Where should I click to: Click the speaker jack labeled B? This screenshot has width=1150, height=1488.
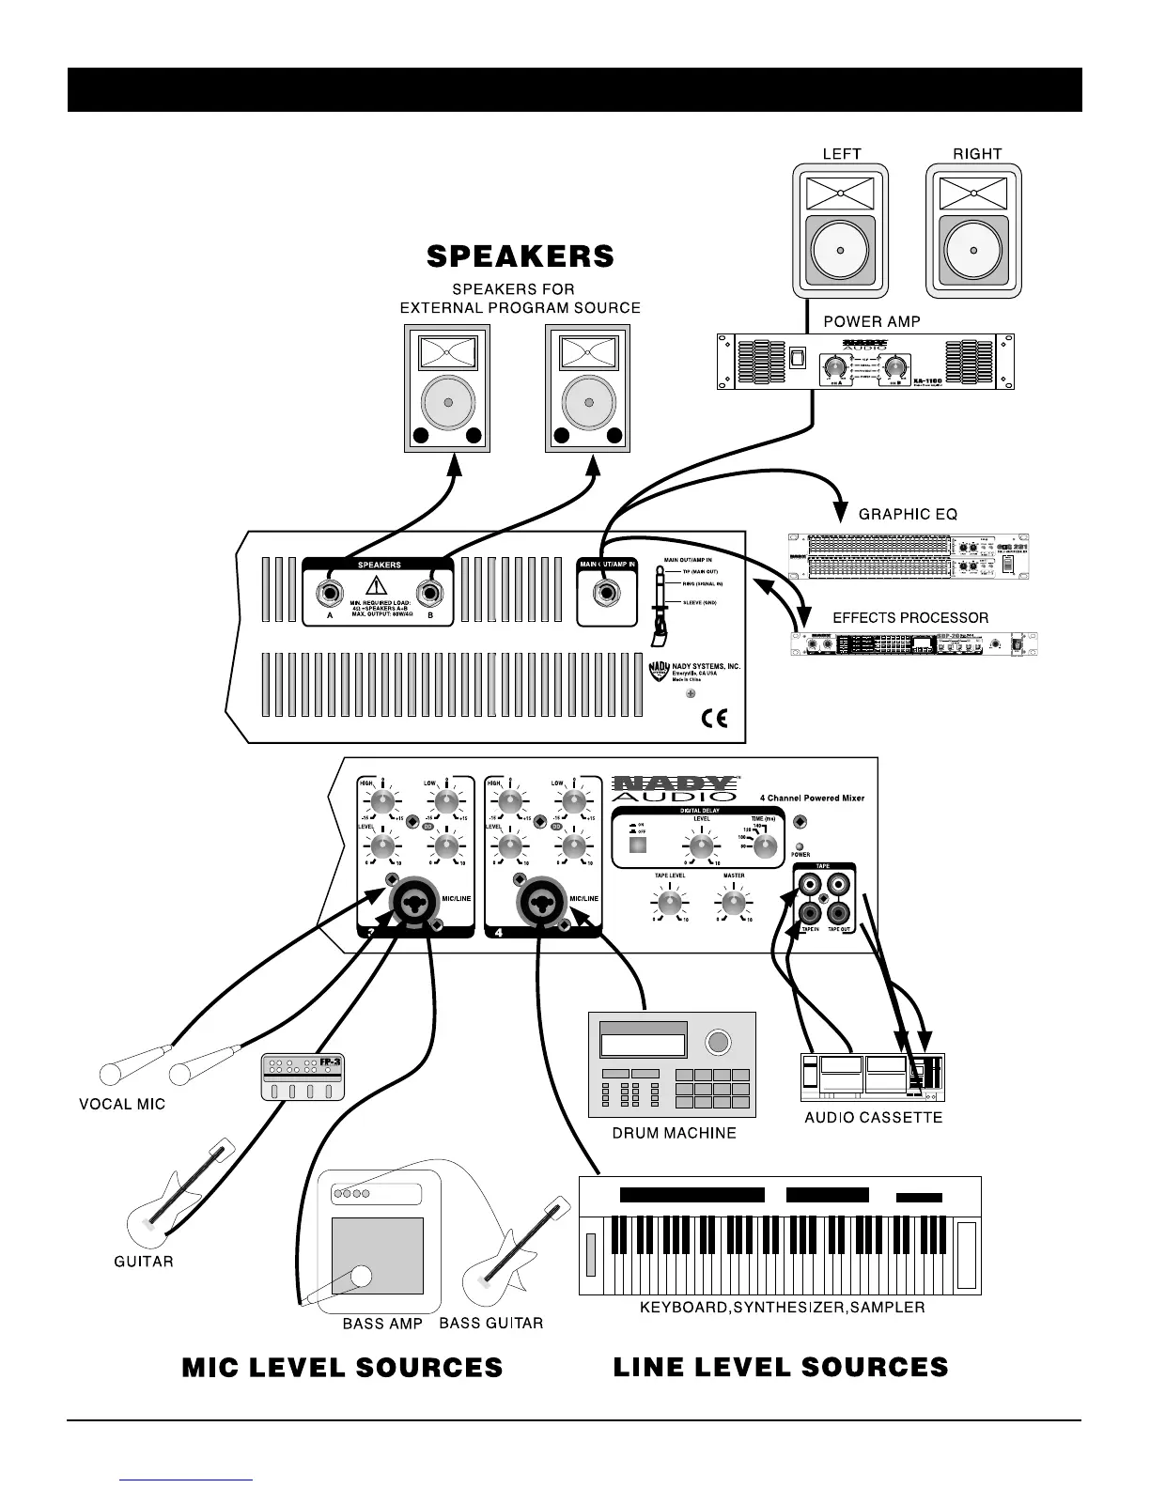[x=431, y=595]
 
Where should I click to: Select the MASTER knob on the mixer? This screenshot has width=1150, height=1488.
[x=733, y=904]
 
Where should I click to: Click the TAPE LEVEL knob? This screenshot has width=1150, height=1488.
[x=670, y=904]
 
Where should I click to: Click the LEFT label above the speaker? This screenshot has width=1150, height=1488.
[x=842, y=153]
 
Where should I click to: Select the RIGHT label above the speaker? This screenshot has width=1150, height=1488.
[x=977, y=153]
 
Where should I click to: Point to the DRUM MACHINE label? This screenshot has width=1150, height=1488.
[x=674, y=1133]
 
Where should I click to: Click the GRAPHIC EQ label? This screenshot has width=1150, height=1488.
[x=909, y=514]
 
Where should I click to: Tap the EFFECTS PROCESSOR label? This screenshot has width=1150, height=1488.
[x=910, y=617]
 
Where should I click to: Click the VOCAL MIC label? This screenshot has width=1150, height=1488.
[x=122, y=1104]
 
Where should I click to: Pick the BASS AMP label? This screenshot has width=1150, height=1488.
[x=382, y=1324]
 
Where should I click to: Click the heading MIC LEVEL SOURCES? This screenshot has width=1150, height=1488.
[x=343, y=1368]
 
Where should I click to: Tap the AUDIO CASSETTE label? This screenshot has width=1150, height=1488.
[x=873, y=1118]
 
